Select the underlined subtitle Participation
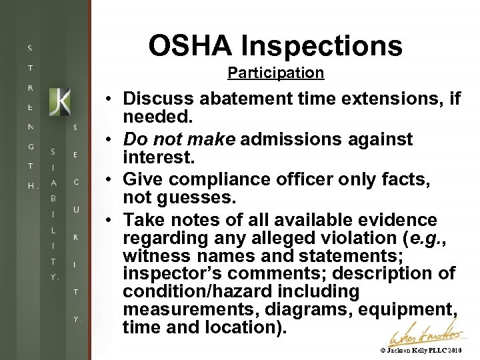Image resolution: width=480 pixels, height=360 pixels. [x=275, y=73]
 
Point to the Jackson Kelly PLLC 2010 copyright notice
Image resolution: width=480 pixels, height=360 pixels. [x=421, y=351]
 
